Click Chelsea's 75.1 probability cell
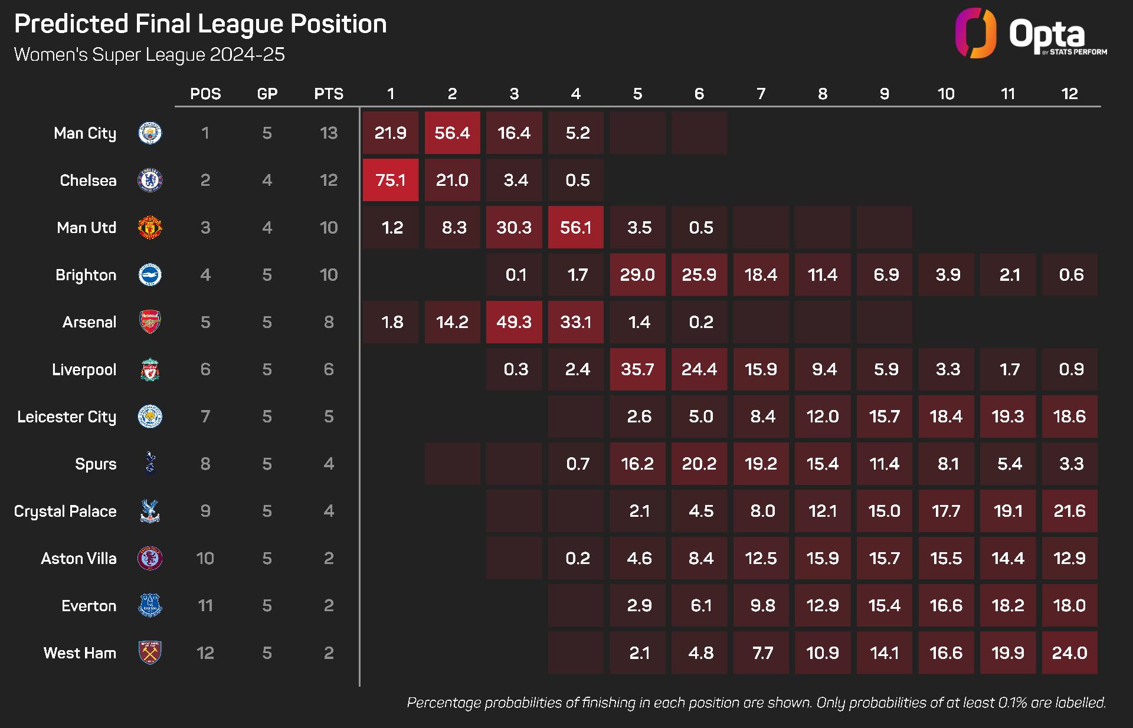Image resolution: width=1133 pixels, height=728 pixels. tap(390, 180)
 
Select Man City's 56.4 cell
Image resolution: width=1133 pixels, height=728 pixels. tap(452, 133)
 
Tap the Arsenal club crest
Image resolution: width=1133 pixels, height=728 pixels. tap(150, 322)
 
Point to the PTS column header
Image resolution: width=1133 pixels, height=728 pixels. tap(329, 94)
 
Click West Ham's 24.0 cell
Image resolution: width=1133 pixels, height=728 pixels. tap(1069, 653)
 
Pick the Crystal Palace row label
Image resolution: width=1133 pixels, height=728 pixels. tap(65, 511)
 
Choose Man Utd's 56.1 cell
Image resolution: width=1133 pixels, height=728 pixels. tap(575, 228)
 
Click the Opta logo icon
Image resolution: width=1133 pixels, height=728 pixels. tap(975, 33)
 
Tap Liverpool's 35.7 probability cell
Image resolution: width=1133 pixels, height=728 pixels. tap(637, 369)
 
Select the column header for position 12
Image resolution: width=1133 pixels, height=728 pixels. tap(1069, 94)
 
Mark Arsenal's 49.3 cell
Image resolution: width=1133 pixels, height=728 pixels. tap(513, 322)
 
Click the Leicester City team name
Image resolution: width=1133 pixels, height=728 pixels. tap(67, 417)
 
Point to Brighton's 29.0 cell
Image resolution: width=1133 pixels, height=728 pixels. tap(637, 275)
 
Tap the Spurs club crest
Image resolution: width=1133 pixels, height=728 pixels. tap(150, 464)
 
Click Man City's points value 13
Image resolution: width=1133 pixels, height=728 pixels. tap(329, 133)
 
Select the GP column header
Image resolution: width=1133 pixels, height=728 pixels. tap(267, 94)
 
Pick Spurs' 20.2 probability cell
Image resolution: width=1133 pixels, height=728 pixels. tap(699, 464)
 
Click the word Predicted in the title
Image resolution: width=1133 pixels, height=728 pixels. tap(71, 24)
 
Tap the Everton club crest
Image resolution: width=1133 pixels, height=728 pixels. tap(150, 606)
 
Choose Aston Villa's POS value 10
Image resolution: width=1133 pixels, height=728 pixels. tap(205, 559)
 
